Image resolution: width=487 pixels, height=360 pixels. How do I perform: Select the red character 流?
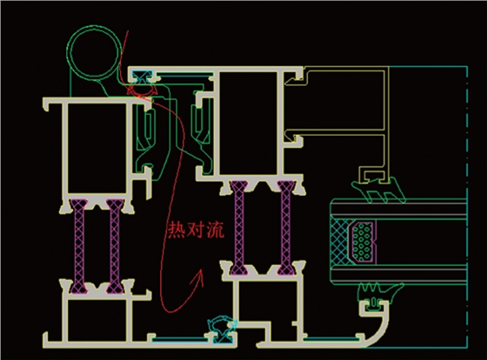[x=215, y=230]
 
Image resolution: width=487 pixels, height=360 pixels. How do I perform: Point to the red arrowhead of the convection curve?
[x=200, y=276]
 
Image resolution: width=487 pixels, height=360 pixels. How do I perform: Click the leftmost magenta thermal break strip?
[x=78, y=246]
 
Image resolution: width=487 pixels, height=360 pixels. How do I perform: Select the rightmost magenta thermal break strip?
[x=286, y=228]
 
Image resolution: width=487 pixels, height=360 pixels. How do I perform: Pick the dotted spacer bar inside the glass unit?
[x=362, y=242]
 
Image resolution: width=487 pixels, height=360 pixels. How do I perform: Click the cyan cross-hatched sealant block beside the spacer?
[x=340, y=243]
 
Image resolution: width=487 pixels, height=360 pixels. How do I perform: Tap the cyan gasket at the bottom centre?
[x=223, y=330]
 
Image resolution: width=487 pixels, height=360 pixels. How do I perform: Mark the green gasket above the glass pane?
[x=378, y=190]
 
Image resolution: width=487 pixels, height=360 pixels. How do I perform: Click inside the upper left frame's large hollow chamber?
[x=97, y=148]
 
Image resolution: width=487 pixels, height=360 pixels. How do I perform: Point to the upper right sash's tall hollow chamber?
[x=248, y=123]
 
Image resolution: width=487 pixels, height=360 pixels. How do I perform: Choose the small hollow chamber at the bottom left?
[x=97, y=320]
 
